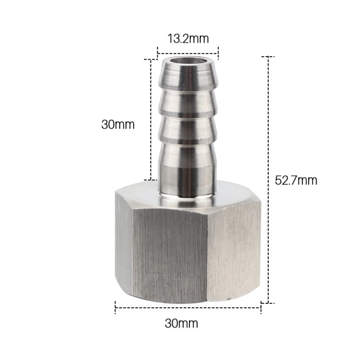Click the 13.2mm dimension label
(x=188, y=38)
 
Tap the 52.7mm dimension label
(x=296, y=180)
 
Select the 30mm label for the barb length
(x=118, y=125)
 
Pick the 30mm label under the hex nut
(x=181, y=324)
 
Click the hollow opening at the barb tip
(x=188, y=61)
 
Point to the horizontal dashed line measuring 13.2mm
(x=188, y=54)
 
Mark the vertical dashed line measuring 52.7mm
(x=268, y=180)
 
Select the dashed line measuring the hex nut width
(x=188, y=308)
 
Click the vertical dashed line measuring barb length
(x=151, y=120)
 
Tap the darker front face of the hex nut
(x=170, y=255)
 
